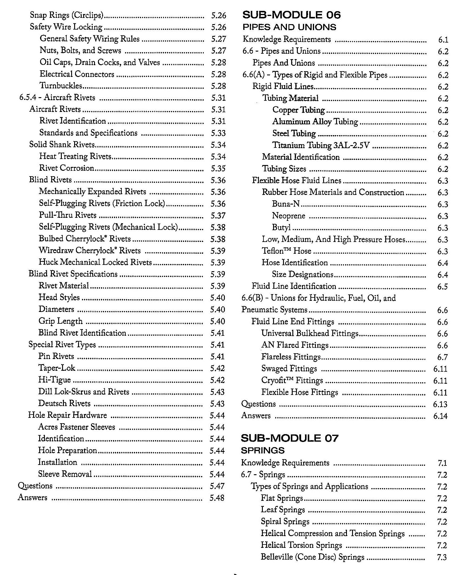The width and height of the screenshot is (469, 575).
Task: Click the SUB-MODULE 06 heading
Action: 291,15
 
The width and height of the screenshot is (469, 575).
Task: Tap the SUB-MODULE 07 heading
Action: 290,438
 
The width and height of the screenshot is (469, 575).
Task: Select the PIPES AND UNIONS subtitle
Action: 289,27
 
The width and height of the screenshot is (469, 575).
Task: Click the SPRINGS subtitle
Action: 263,450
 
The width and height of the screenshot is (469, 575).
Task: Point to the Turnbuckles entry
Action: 61,86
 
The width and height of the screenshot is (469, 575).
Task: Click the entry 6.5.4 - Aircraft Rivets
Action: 57,97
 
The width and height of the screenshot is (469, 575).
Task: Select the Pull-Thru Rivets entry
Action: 68,215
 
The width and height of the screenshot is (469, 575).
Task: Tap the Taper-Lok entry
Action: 57,368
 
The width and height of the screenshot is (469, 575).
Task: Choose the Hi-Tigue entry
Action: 55,380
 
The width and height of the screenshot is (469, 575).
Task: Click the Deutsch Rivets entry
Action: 65,403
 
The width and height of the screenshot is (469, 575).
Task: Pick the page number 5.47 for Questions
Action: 217,486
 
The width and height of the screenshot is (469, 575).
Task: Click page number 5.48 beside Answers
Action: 217,498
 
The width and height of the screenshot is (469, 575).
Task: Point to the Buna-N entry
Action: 286,204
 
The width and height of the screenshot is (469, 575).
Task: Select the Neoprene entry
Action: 289,216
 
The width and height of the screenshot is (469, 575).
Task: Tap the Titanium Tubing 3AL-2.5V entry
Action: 321,145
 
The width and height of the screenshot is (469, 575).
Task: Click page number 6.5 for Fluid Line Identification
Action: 442,286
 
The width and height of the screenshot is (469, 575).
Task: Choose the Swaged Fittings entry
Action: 289,369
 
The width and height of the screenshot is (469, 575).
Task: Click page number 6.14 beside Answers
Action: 440,416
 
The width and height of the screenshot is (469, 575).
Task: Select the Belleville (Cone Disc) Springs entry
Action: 313,557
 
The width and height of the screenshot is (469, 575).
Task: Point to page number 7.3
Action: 442,557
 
